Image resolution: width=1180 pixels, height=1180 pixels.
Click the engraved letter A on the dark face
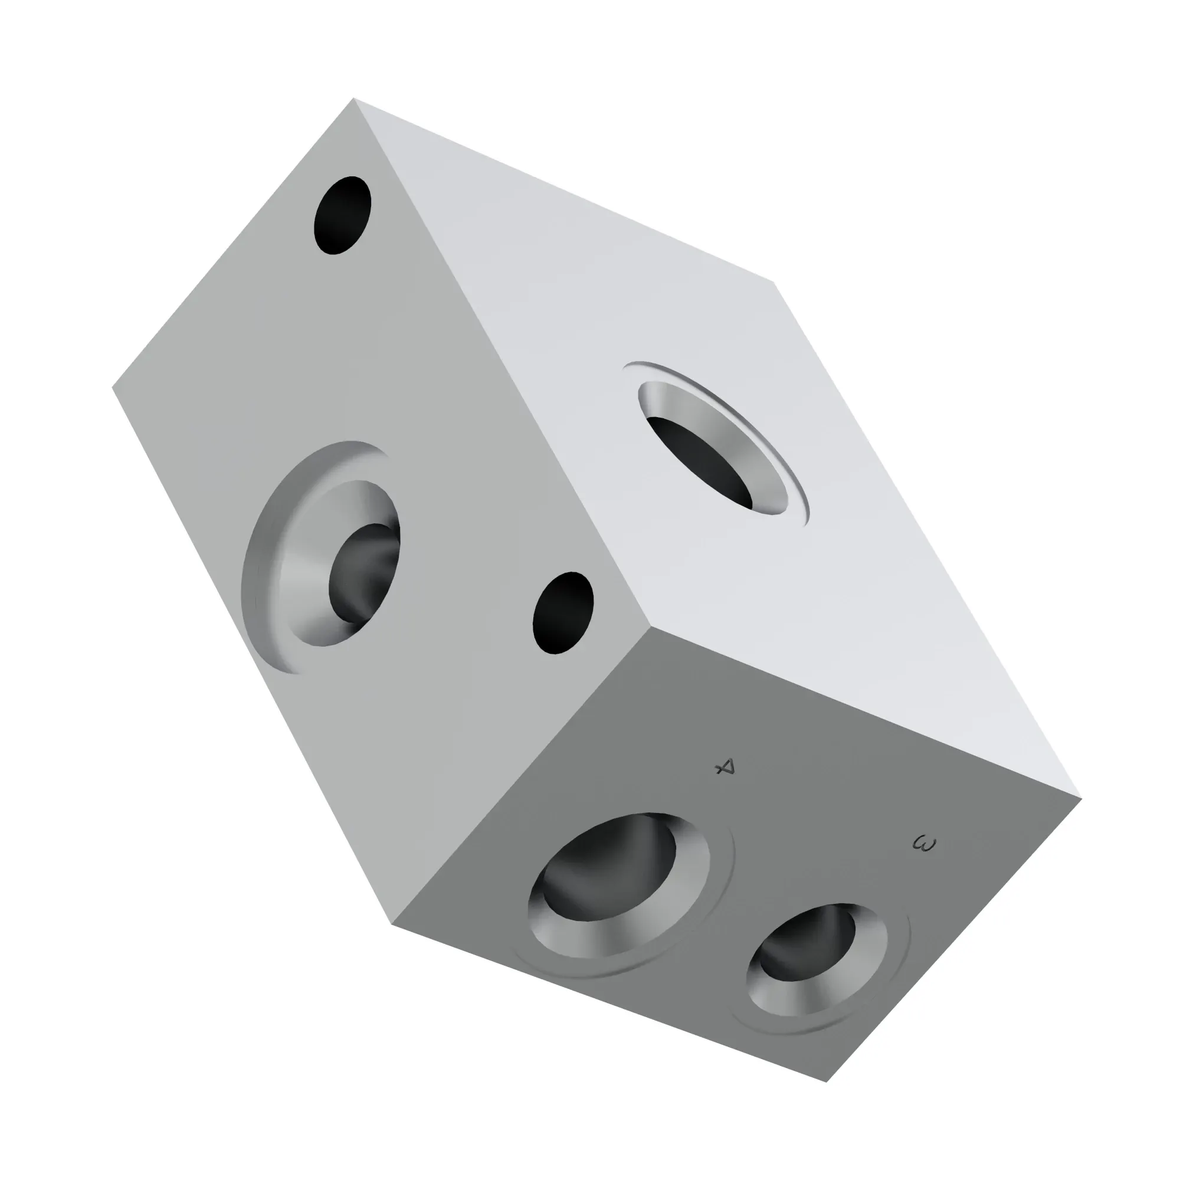click(725, 766)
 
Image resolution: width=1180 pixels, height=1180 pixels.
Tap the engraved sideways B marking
click(924, 844)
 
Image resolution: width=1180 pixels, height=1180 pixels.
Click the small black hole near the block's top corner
click(343, 215)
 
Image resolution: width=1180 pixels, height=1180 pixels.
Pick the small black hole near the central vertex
click(562, 612)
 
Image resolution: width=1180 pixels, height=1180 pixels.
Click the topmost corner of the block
click(354, 99)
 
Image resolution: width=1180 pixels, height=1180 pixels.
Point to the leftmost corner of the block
click(113, 386)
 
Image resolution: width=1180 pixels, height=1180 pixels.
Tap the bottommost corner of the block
click(827, 1081)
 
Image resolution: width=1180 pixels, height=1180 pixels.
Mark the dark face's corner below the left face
click(392, 923)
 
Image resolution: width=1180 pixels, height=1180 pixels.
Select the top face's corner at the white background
click(774, 281)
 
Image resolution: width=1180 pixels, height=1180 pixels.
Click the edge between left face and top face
click(501, 360)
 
